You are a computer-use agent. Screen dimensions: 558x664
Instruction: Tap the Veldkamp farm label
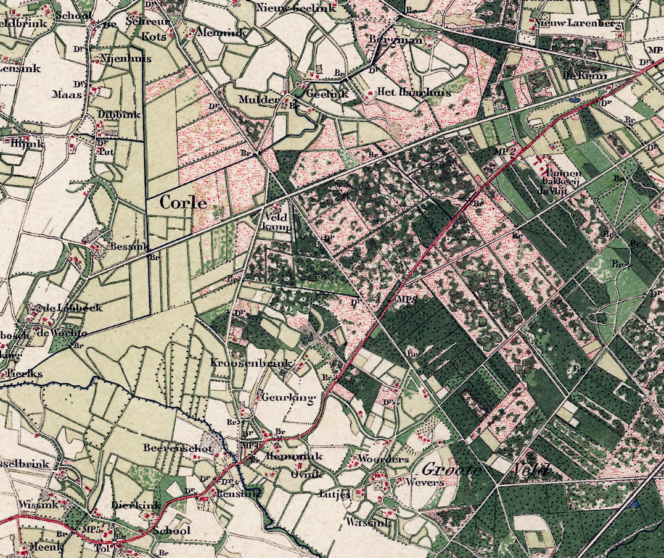coord(276,222)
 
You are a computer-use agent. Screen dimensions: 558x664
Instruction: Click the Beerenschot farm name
coord(178,448)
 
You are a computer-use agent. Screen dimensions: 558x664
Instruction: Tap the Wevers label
coord(424,481)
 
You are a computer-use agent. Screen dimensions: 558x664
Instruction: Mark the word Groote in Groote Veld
coord(451,470)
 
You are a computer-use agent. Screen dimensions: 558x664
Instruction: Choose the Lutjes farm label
coord(335,494)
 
